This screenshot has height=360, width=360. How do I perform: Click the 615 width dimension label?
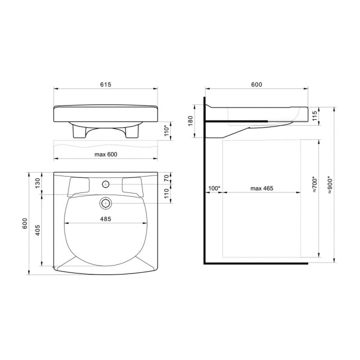[106, 84]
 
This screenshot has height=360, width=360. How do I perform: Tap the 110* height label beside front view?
[167, 130]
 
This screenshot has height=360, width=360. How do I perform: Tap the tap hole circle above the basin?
[106, 184]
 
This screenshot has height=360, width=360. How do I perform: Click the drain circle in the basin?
[106, 202]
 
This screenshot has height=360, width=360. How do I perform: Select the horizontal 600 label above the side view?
[256, 84]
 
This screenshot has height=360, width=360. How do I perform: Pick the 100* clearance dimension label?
[213, 188]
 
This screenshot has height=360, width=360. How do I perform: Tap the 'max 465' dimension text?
[262, 188]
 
